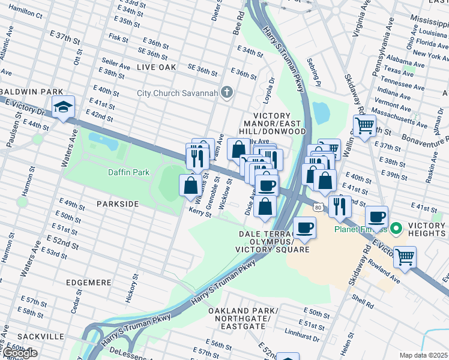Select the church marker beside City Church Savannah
click(x=226, y=92)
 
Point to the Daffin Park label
click(x=128, y=172)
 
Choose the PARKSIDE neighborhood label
click(x=118, y=204)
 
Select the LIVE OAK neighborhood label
click(x=156, y=67)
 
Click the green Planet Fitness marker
click(x=396, y=229)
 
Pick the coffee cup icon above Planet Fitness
click(x=376, y=217)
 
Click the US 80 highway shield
click(x=318, y=207)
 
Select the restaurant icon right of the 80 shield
click(x=340, y=206)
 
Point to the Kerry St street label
click(x=200, y=212)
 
